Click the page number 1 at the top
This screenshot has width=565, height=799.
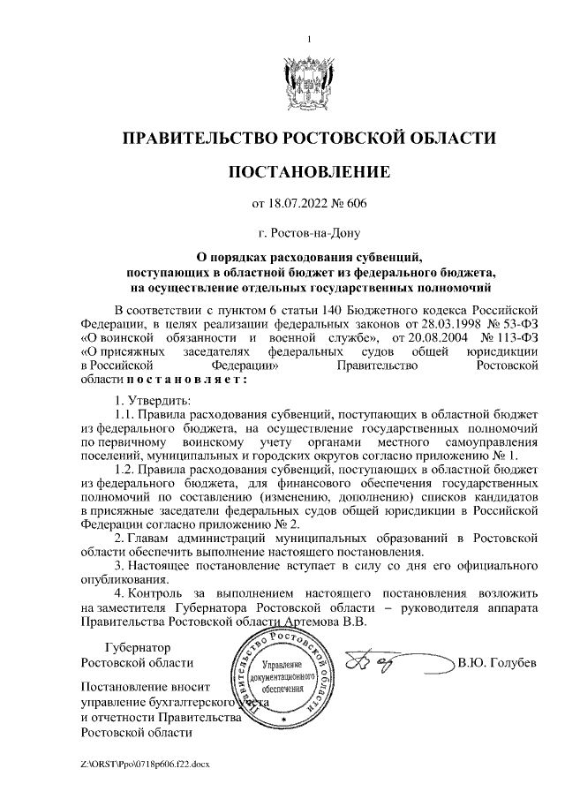point(309,38)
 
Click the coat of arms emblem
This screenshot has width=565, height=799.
point(309,81)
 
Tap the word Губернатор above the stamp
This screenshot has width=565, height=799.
point(136,647)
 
